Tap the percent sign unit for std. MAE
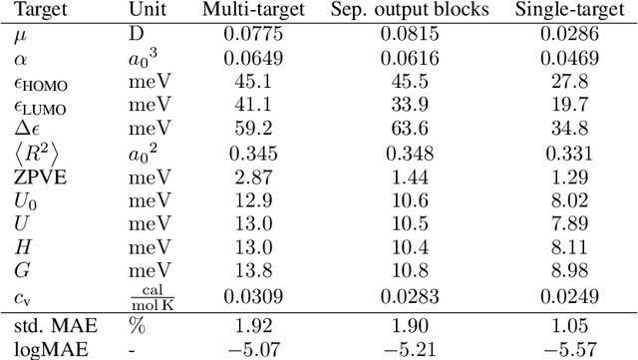(136, 325)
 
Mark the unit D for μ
(135, 36)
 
